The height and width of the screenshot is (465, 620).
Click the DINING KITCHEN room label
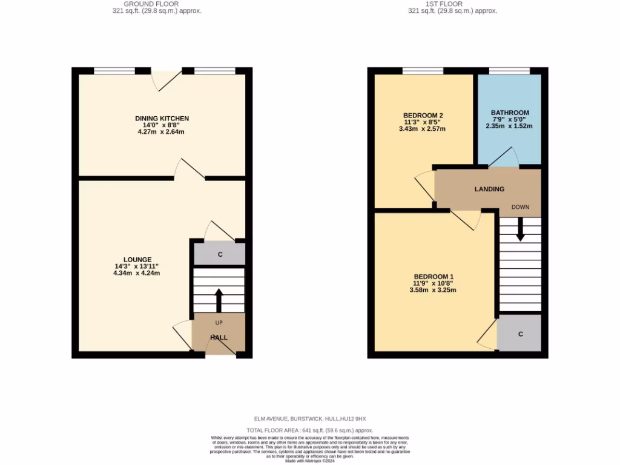(x=162, y=118)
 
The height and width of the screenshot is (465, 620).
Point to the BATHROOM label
(x=510, y=113)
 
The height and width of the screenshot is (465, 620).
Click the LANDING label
(x=489, y=189)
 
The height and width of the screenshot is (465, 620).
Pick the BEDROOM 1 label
(x=433, y=277)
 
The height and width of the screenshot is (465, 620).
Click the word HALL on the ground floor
(x=219, y=337)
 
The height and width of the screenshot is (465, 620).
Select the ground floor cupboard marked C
(x=220, y=254)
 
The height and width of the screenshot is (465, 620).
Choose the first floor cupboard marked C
(x=520, y=334)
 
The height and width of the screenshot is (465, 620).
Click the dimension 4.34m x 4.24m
(x=137, y=273)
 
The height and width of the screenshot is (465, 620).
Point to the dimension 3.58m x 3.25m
(x=433, y=290)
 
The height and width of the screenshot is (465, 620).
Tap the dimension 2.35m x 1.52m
(x=510, y=126)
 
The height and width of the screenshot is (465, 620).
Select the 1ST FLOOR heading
(x=452, y=4)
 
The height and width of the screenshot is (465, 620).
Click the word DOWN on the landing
(x=520, y=207)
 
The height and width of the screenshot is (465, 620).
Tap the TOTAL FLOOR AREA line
(x=309, y=429)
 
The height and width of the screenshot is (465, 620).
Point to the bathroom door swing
(x=503, y=156)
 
